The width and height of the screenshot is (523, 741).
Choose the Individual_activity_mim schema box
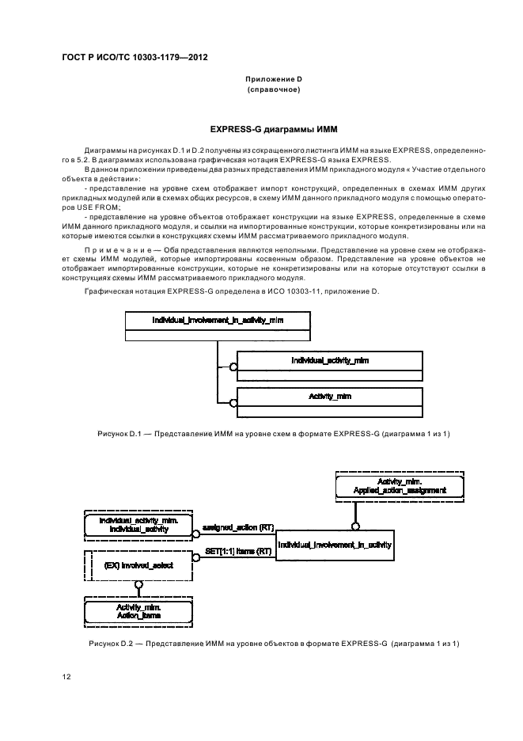pos(329,360)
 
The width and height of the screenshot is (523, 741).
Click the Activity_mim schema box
pos(329,395)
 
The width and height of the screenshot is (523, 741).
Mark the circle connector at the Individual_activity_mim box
pos(233,367)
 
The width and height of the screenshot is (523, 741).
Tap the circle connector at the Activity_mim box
pos(233,402)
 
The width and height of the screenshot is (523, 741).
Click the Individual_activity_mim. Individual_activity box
pos(138,524)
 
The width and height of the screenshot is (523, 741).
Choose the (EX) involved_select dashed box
pos(138,566)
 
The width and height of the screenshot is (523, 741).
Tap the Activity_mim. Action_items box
pos(138,610)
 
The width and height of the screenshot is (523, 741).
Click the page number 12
pos(66,677)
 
